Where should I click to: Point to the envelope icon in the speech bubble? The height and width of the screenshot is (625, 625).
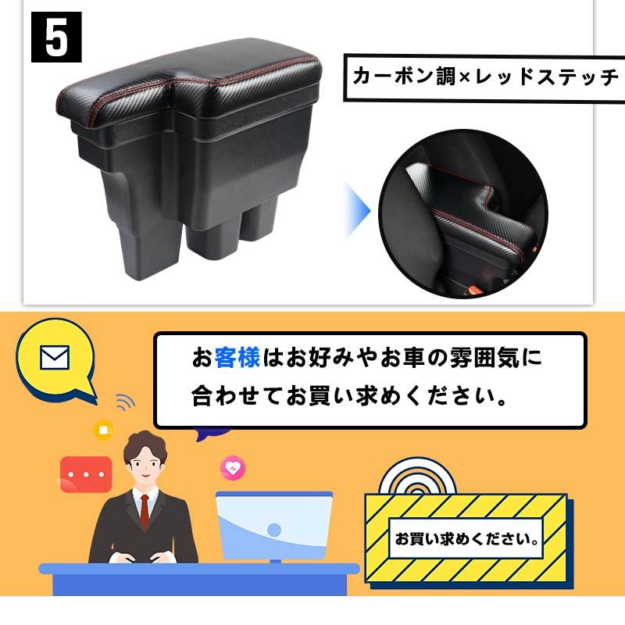point(54,359)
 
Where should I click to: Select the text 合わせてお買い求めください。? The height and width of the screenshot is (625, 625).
point(347,396)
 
